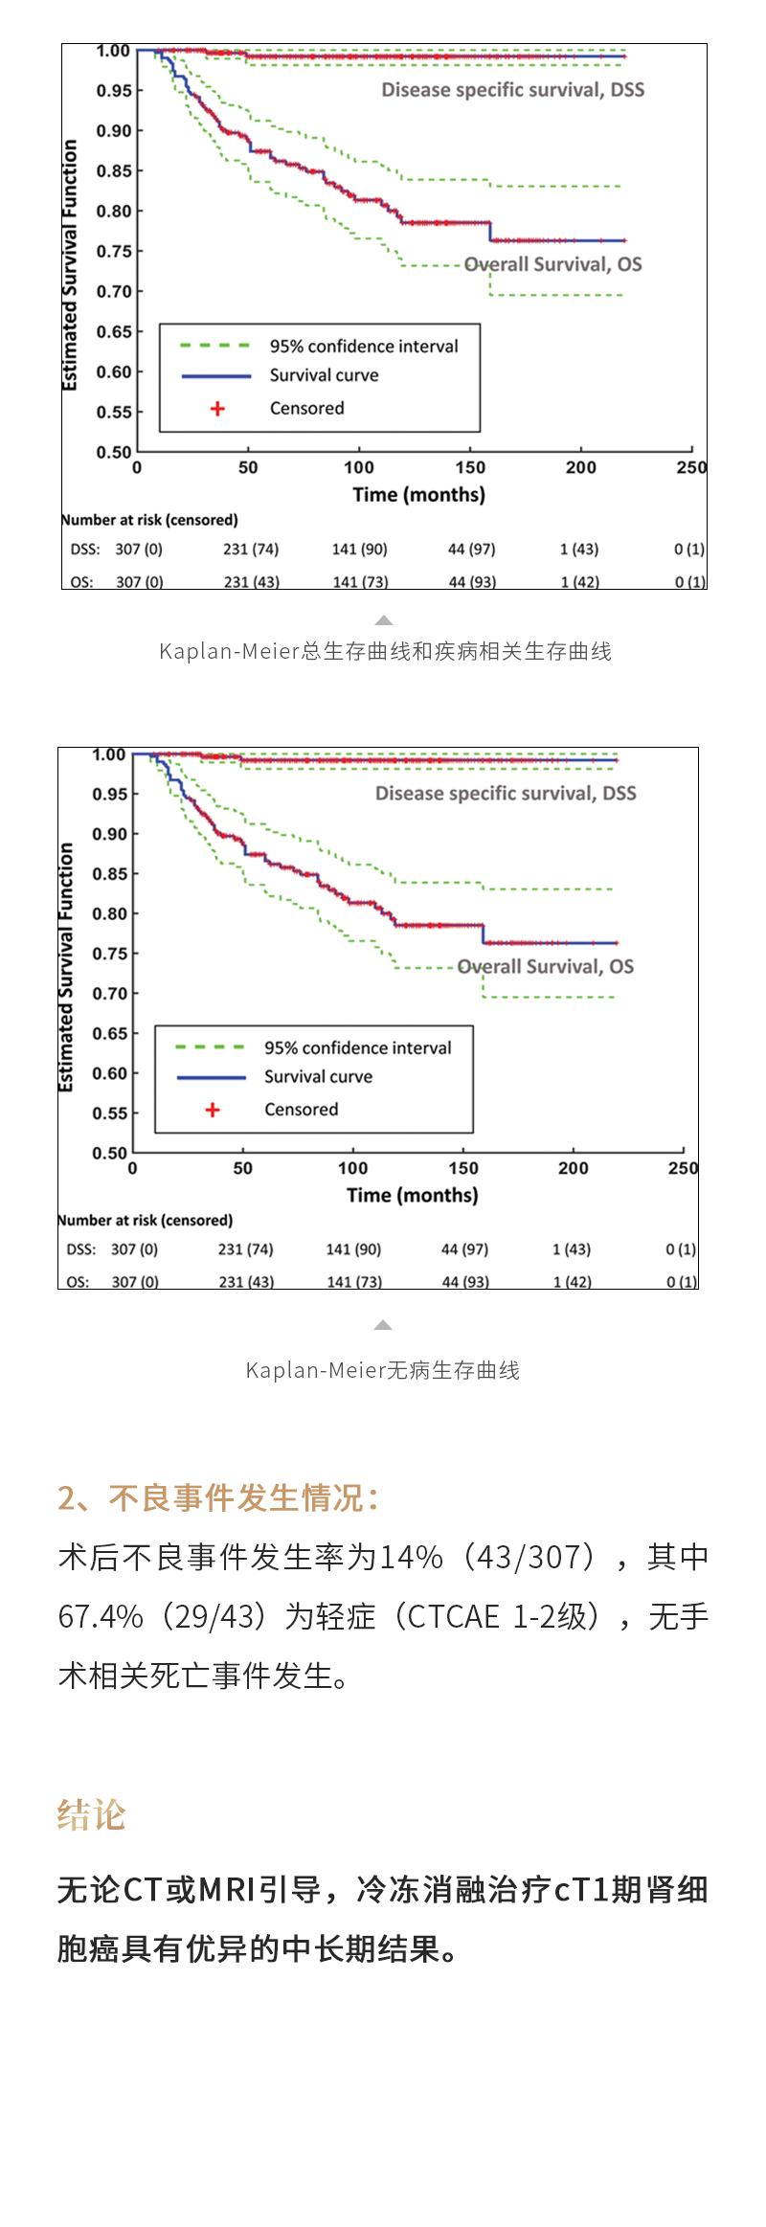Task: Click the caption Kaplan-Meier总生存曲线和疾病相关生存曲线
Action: [x=385, y=652]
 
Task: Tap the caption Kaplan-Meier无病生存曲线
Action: [x=382, y=1370]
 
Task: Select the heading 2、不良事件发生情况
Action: [x=218, y=1498]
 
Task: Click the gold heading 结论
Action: [x=92, y=1815]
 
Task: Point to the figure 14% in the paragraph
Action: [x=412, y=1558]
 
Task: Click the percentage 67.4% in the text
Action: [x=101, y=1617]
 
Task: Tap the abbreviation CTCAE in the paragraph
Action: [x=456, y=1617]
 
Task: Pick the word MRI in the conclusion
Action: [x=227, y=1890]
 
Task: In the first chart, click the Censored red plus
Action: [x=217, y=409]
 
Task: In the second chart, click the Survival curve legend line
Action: [x=211, y=1077]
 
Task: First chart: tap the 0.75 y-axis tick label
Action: [x=114, y=252]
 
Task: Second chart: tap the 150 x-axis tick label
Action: [x=463, y=1168]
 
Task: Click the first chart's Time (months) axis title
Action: [x=418, y=495]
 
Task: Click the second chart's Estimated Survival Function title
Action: [x=66, y=967]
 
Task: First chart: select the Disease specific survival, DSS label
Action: [x=512, y=90]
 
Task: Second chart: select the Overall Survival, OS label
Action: [x=546, y=967]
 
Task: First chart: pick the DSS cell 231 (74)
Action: [x=251, y=550]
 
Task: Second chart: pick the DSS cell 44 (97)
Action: [x=464, y=1249]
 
